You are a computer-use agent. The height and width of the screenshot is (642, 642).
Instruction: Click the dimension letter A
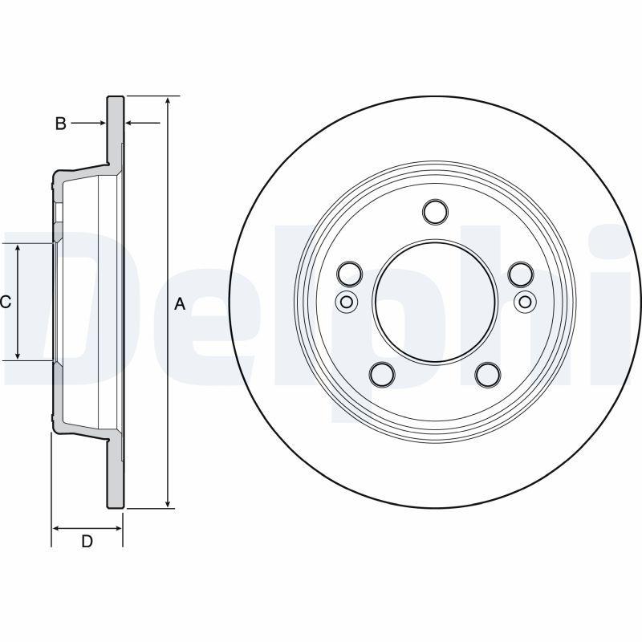tap(180, 303)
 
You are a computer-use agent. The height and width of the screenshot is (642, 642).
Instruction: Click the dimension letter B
tap(60, 124)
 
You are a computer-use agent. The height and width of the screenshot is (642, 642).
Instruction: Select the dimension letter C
tap(5, 302)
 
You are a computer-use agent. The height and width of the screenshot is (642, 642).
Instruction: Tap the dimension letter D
tap(87, 542)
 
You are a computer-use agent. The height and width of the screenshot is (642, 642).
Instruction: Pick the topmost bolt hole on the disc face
tap(434, 212)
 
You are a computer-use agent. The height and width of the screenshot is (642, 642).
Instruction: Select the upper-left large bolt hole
tap(349, 274)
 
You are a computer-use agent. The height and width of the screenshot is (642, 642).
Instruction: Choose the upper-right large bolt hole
tap(520, 274)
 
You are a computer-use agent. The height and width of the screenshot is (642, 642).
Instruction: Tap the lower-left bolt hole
tap(382, 374)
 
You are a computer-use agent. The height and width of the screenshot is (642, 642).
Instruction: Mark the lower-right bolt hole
tap(487, 374)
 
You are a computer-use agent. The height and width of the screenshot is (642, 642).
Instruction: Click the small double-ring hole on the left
tap(345, 302)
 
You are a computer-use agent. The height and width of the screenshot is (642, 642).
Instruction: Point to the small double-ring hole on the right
tap(524, 302)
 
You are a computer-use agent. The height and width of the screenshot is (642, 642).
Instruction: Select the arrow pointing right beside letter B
tap(101, 123)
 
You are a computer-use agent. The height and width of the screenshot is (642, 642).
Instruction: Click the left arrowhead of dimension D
tap(57, 528)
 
